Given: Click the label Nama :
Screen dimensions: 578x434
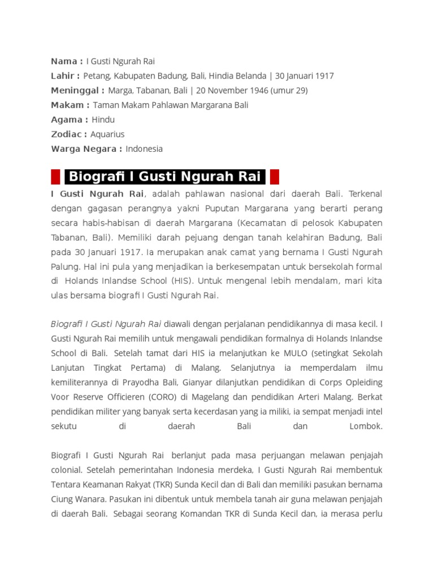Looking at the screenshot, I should [67, 61].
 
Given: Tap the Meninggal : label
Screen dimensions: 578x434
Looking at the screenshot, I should [77, 90].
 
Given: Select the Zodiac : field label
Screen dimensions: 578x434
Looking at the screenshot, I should [69, 134].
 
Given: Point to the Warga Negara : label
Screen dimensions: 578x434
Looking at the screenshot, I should [86, 149].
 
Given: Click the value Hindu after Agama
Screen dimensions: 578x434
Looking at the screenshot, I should [103, 120].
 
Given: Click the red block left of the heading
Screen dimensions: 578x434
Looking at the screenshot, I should [55, 177].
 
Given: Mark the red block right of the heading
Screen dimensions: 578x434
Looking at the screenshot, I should [274, 177].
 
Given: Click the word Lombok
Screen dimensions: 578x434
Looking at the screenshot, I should [366, 427].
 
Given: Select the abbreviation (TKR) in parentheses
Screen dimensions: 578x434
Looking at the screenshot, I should [163, 484].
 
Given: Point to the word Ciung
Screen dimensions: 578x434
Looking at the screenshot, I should [62, 499].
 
